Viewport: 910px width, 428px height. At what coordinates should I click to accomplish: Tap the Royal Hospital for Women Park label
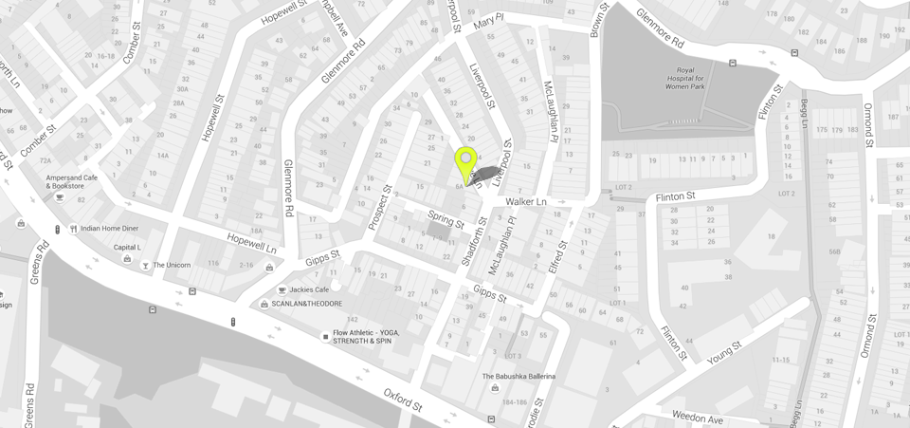coord(684,78)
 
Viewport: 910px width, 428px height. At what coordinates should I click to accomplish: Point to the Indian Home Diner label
coord(109,229)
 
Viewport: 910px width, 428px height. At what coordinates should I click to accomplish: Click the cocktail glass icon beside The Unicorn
coord(145,266)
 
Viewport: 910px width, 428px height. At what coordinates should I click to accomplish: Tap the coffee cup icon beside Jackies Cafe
coord(282,289)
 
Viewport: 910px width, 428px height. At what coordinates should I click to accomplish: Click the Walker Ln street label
coord(526,202)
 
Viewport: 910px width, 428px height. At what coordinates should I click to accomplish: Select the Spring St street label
coord(446,220)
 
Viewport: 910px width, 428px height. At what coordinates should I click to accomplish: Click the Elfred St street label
coord(557,257)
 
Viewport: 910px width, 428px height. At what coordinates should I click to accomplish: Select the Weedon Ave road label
coord(697,419)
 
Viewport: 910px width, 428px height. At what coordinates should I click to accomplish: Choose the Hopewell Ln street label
coord(251,243)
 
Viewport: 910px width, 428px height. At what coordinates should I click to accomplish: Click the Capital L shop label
coord(127,248)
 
